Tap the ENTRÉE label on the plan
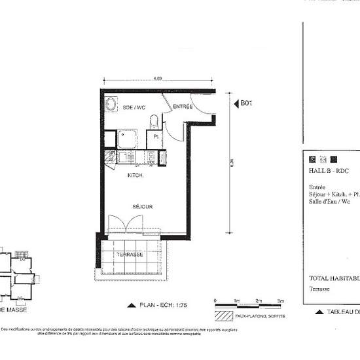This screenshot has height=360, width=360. tap(183, 106)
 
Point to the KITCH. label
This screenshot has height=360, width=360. tap(135, 175)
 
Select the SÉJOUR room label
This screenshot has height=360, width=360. tap(143, 207)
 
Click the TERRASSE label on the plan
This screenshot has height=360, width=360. tap(130, 254)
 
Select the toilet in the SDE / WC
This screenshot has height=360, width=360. tap(154, 122)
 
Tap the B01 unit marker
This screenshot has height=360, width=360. tap(245, 103)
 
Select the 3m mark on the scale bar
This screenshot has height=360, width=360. tap(280, 300)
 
